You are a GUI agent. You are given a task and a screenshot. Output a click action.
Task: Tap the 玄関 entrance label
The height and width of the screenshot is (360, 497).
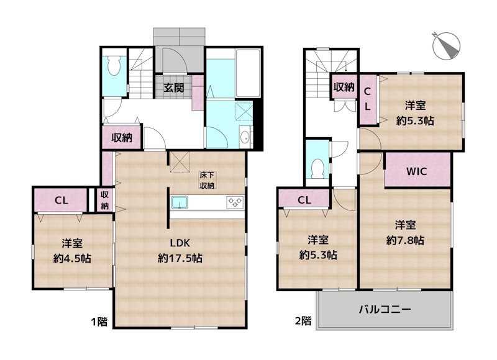click(x=173, y=88)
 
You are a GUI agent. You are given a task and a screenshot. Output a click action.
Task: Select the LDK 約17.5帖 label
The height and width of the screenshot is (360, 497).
click(x=181, y=250)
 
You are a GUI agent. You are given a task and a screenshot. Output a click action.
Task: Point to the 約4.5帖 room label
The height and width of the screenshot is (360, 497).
click(x=73, y=251)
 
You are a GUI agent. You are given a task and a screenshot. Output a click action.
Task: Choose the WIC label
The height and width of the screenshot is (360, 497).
click(x=416, y=172)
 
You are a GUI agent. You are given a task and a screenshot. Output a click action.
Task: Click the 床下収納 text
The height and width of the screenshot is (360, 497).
click(x=207, y=180)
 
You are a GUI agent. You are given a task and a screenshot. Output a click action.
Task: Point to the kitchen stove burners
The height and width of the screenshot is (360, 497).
click(x=235, y=201)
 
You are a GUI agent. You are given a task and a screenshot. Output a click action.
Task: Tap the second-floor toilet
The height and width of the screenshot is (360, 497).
click(x=317, y=167)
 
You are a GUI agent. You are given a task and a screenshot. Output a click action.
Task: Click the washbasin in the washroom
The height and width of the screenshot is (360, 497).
click(x=245, y=137)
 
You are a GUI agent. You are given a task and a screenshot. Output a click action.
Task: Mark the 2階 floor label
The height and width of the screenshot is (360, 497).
click(x=303, y=321)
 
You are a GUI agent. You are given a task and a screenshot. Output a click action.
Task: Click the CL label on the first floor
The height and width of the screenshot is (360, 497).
click(x=61, y=200)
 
